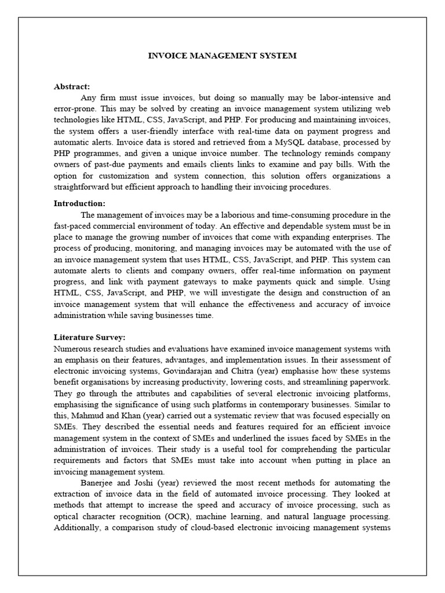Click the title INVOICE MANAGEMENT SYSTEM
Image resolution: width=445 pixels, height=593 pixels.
pyautogui.click(x=222, y=56)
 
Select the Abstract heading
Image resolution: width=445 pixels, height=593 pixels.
pyautogui.click(x=72, y=87)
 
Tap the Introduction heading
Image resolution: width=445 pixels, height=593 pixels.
pyautogui.click(x=80, y=203)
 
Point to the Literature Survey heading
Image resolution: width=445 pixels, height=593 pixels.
pyautogui.click(x=90, y=336)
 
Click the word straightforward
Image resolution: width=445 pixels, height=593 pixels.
pyautogui.click(x=85, y=187)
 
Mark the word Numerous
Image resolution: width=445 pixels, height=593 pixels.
pyautogui.click(x=73, y=349)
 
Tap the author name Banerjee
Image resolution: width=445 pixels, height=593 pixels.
pyautogui.click(x=99, y=483)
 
